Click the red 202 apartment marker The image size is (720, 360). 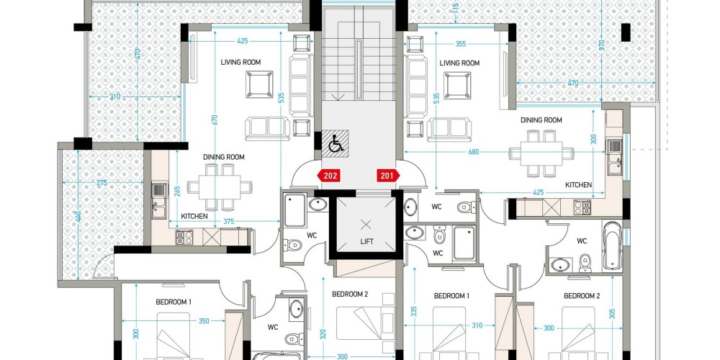pos(329,176)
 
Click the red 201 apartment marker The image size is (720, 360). pos(389,176)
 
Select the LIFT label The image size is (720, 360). pos(367,241)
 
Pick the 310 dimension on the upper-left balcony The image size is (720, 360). pos(115,97)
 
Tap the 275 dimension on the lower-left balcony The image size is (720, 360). pos(102,183)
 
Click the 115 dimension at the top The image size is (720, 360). pos(456,8)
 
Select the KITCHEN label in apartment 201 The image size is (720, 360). pos(579,184)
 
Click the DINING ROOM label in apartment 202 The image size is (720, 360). pos(224,157)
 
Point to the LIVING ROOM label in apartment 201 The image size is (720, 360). pos(459,63)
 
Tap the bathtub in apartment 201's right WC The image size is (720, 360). pos(612,246)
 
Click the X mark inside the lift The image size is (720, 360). pos(366,225)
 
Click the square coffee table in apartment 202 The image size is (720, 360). pos(259,84)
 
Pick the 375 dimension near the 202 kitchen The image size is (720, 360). pos(229,221)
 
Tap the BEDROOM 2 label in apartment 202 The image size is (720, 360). pos(351,294)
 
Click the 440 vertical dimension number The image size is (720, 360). pos(79,216)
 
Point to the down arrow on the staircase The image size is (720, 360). pos(341,97)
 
